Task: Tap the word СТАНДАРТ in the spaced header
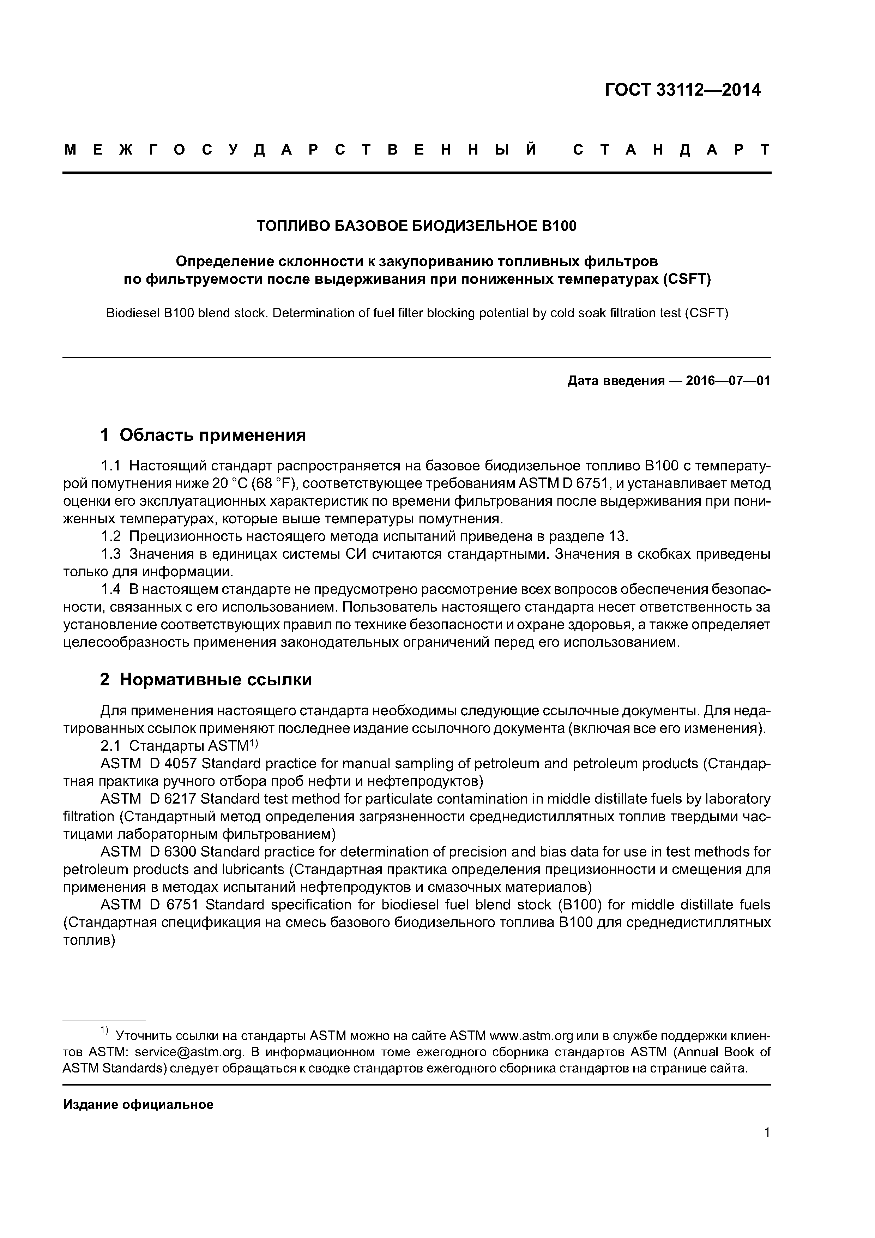[x=671, y=150]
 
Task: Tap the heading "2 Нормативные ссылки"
[x=206, y=680]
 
